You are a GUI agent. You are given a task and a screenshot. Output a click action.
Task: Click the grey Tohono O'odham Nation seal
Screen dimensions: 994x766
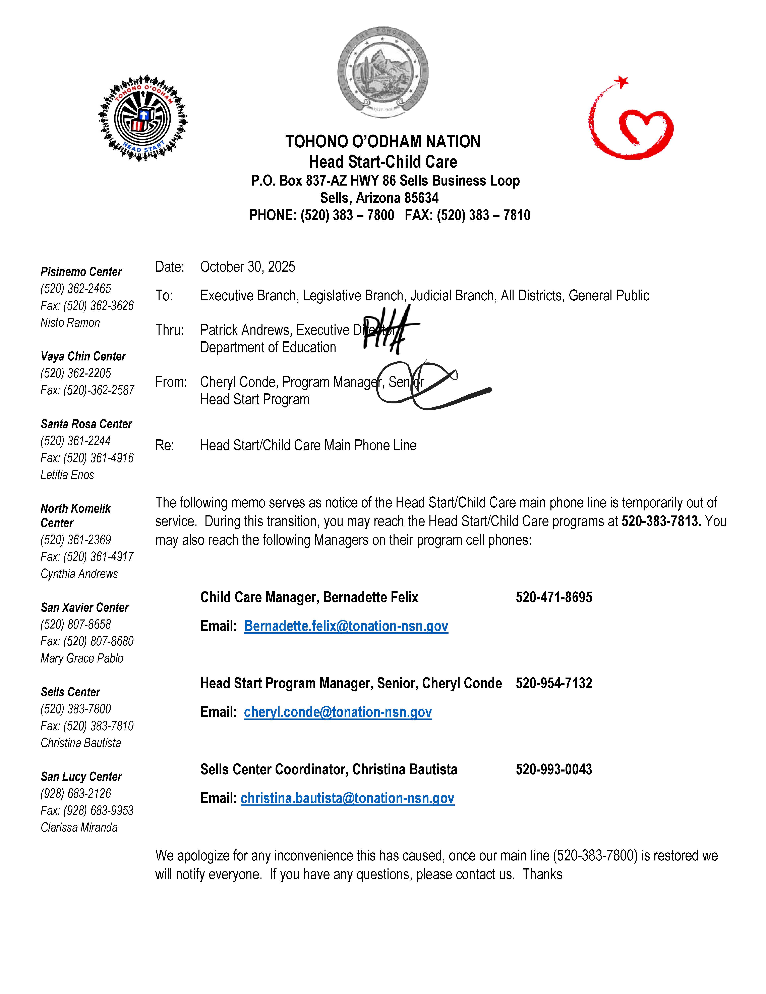point(383,72)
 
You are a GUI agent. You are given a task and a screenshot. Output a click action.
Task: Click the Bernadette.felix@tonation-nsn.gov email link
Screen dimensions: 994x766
point(346,626)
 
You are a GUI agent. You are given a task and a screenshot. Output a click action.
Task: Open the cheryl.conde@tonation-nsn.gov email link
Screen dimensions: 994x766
point(338,712)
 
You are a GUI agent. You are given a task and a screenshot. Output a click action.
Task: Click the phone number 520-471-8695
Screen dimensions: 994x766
point(553,598)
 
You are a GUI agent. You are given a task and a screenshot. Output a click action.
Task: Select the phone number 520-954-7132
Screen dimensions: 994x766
point(553,684)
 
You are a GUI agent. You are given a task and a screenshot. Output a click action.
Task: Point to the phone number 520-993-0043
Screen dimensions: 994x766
point(553,770)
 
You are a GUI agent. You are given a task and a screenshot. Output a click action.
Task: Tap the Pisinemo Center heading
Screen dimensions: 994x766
point(81,272)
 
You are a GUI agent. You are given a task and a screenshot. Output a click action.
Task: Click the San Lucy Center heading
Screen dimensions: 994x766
point(81,777)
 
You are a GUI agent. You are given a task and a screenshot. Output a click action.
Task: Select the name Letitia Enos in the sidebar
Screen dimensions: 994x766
point(67,475)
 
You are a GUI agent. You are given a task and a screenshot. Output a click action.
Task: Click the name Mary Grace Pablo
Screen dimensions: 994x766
point(82,659)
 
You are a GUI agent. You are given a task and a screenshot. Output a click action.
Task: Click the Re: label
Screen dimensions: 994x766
point(165,446)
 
